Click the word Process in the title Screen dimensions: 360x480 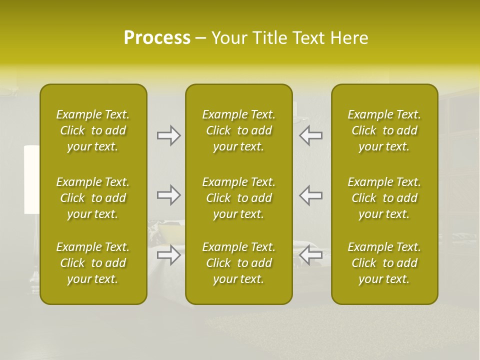click(157, 38)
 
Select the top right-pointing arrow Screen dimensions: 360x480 click(169, 135)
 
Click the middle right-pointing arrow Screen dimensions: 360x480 click(169, 195)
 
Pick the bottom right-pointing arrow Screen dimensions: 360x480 click(169, 255)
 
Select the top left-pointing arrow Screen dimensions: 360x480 click(311, 135)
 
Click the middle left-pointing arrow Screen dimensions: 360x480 click(311, 195)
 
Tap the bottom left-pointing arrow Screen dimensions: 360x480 click(311, 255)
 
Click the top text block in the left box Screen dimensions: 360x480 click(93, 130)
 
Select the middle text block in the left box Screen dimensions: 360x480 click(93, 198)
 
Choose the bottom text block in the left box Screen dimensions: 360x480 click(93, 263)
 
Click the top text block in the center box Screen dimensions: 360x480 click(238, 130)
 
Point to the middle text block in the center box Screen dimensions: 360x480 click(238, 198)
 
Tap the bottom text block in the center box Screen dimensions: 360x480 click(238, 263)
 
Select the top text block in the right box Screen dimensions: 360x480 click(384, 130)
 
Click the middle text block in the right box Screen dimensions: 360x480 click(384, 198)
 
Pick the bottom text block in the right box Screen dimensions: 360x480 click(384, 263)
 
